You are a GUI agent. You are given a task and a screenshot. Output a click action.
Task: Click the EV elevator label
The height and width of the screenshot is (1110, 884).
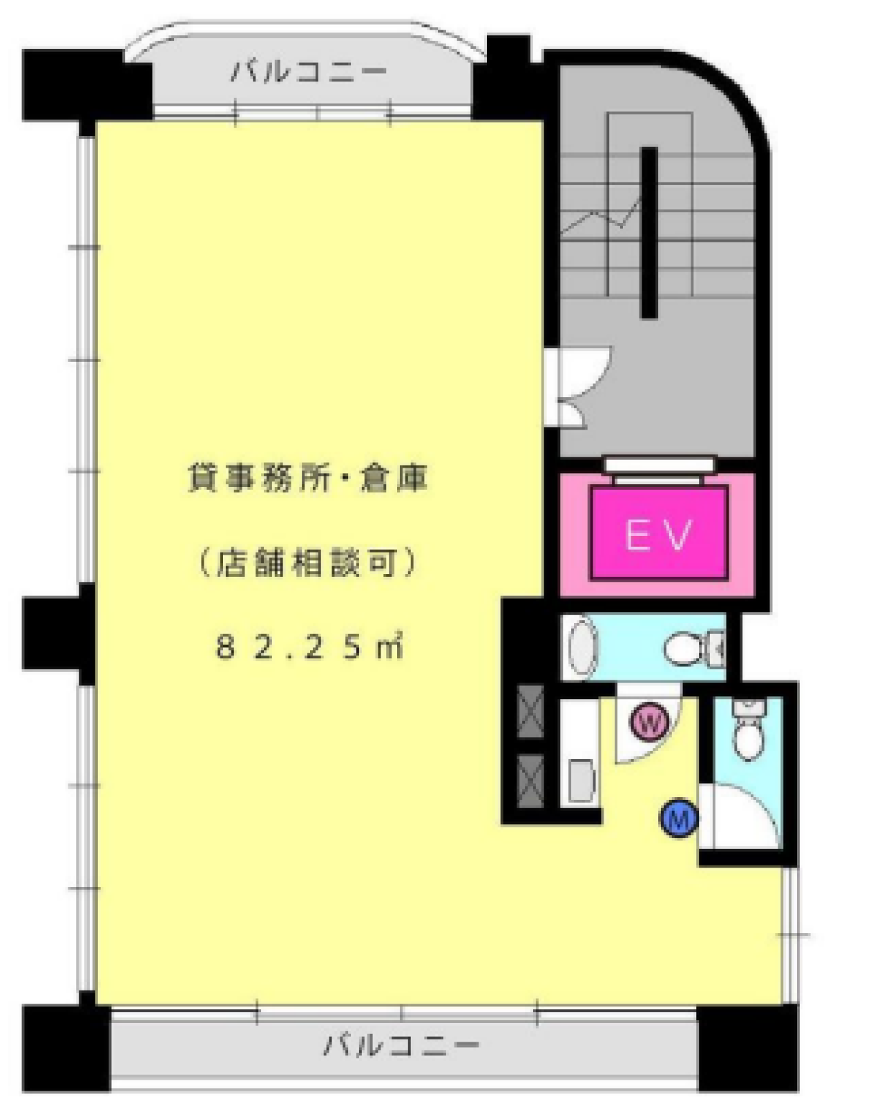click(x=657, y=533)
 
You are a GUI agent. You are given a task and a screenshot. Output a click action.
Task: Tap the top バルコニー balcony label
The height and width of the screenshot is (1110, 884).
click(x=309, y=71)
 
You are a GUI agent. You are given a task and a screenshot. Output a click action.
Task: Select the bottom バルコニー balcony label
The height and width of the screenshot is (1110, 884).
click(x=401, y=1044)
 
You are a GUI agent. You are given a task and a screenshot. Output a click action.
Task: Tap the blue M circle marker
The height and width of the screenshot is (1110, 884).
click(x=679, y=820)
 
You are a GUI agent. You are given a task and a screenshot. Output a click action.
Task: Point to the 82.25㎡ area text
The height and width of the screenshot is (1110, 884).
click(x=308, y=648)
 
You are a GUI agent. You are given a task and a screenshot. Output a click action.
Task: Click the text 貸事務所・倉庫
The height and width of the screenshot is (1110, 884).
click(x=308, y=479)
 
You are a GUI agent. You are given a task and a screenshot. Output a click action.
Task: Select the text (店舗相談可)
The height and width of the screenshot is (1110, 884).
click(x=308, y=563)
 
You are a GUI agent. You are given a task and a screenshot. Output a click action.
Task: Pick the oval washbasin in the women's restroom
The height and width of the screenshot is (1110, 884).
click(x=582, y=648)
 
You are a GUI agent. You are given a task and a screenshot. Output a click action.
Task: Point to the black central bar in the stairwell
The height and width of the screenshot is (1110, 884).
click(x=648, y=232)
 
